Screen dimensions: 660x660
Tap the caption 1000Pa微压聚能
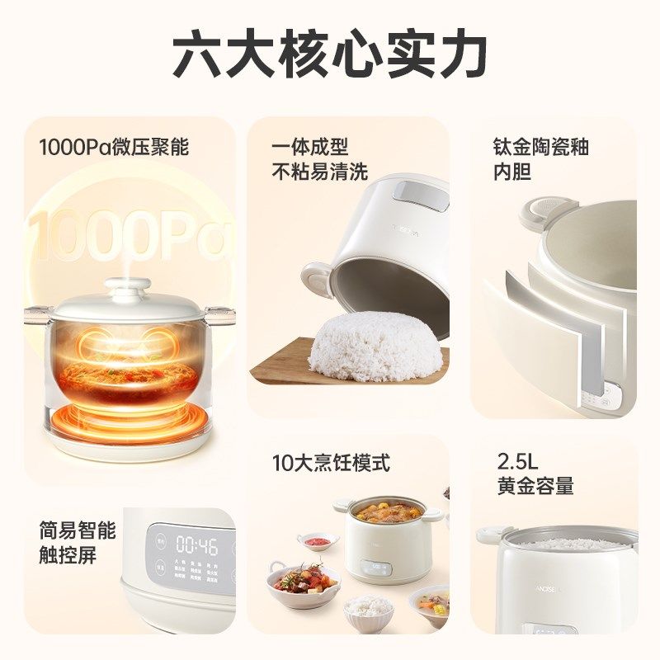click(114, 148)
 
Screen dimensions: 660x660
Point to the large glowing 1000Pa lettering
click(128, 233)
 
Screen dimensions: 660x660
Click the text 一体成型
click(309, 148)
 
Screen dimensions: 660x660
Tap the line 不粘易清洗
click(320, 172)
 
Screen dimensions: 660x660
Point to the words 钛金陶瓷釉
click(540, 148)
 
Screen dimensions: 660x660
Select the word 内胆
click(511, 172)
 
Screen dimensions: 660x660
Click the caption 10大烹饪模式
click(331, 463)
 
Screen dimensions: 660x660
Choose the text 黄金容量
click(535, 487)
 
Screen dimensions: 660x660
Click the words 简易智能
click(78, 530)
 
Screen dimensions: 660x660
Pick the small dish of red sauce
click(318, 541)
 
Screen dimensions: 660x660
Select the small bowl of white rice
click(368, 609)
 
